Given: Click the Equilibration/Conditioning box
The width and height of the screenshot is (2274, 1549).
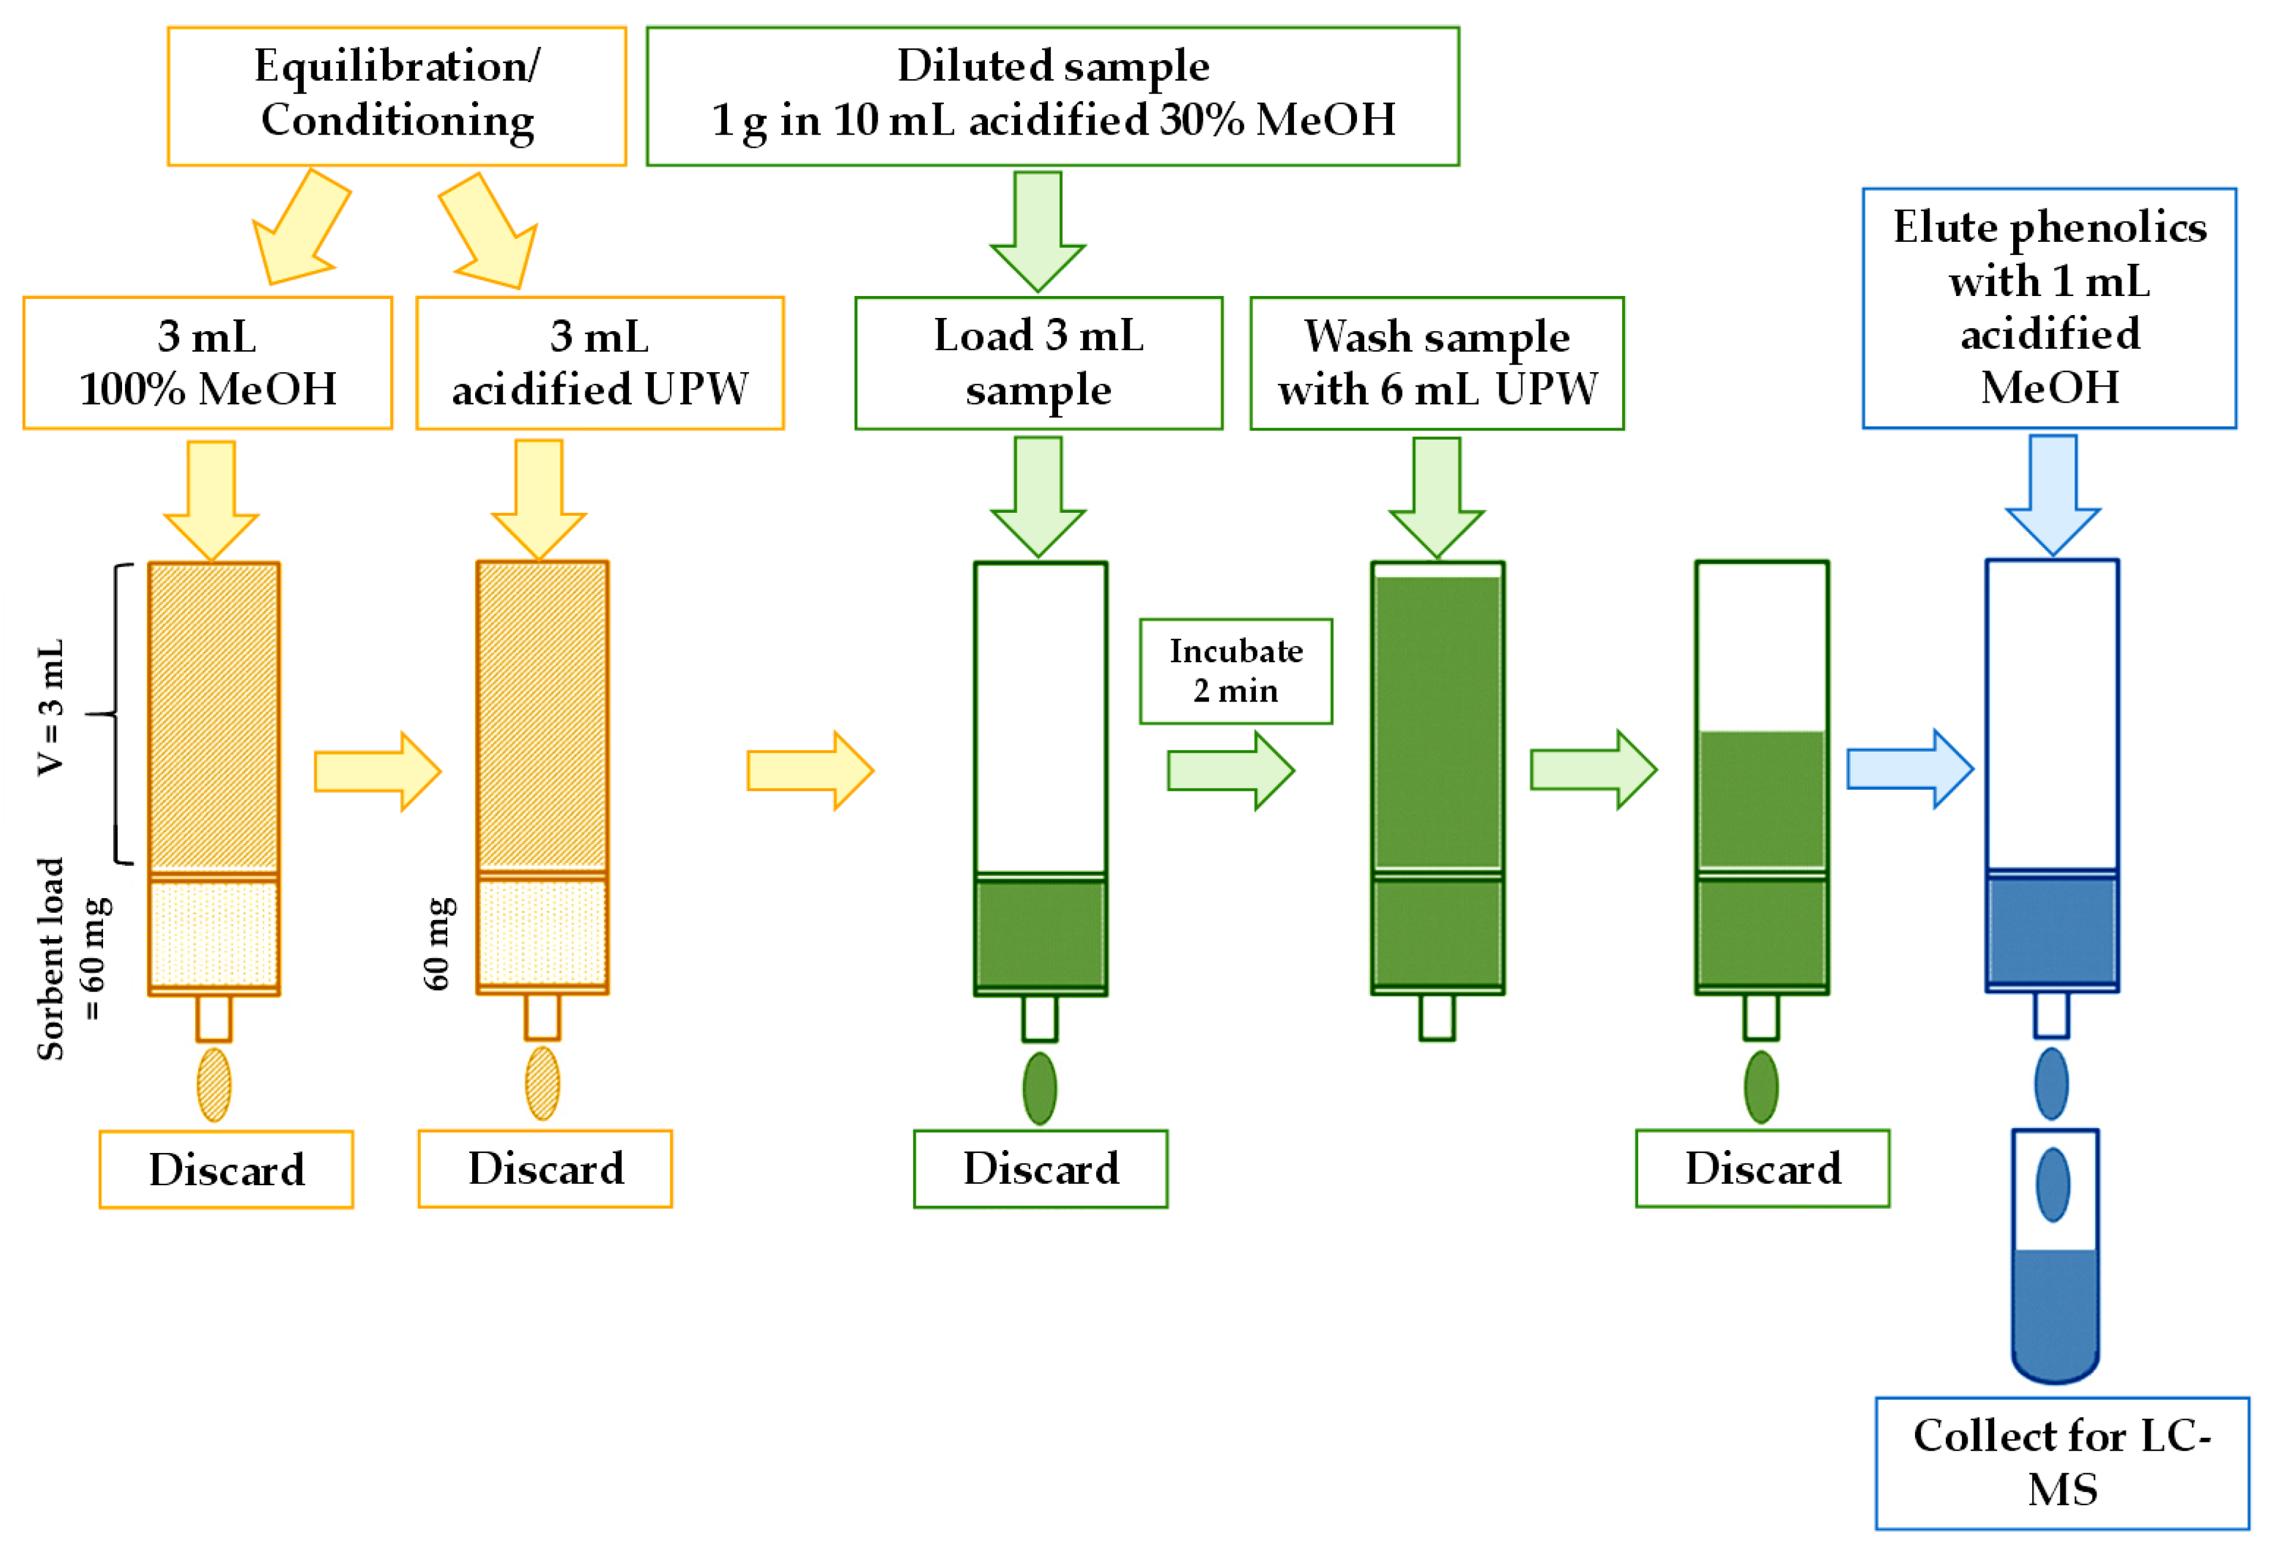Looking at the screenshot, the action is click(397, 96).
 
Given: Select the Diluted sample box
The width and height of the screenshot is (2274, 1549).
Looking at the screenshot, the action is click(1053, 96).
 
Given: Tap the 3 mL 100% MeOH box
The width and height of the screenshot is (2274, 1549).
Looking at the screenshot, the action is click(207, 363).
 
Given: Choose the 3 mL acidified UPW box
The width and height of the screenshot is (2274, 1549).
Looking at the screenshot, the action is click(600, 363).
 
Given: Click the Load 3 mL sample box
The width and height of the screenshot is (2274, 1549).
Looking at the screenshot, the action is click(1038, 363).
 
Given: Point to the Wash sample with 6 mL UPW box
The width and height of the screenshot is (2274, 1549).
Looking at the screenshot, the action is click(1436, 363).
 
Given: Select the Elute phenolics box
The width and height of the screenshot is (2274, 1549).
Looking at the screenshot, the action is click(2049, 308).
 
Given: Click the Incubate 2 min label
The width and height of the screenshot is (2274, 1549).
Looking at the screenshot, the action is click(1236, 671).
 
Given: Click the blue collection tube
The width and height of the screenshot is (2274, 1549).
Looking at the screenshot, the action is click(2055, 1257).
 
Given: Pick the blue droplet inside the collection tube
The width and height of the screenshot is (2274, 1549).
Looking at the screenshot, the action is click(2053, 1185).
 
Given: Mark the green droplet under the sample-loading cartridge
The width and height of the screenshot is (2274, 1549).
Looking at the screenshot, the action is click(1039, 1088).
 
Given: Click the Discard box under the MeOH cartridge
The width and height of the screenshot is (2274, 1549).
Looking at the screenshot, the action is click(226, 1169).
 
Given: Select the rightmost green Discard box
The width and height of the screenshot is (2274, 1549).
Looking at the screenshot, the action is click(1763, 1168).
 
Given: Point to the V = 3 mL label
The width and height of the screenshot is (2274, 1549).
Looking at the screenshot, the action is click(51, 708).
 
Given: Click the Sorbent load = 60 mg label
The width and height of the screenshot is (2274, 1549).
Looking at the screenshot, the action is click(73, 959).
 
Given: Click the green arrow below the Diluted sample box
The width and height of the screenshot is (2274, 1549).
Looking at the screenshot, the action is click(1038, 232).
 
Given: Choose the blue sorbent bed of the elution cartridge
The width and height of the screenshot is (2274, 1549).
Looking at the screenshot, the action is click(2052, 931).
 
